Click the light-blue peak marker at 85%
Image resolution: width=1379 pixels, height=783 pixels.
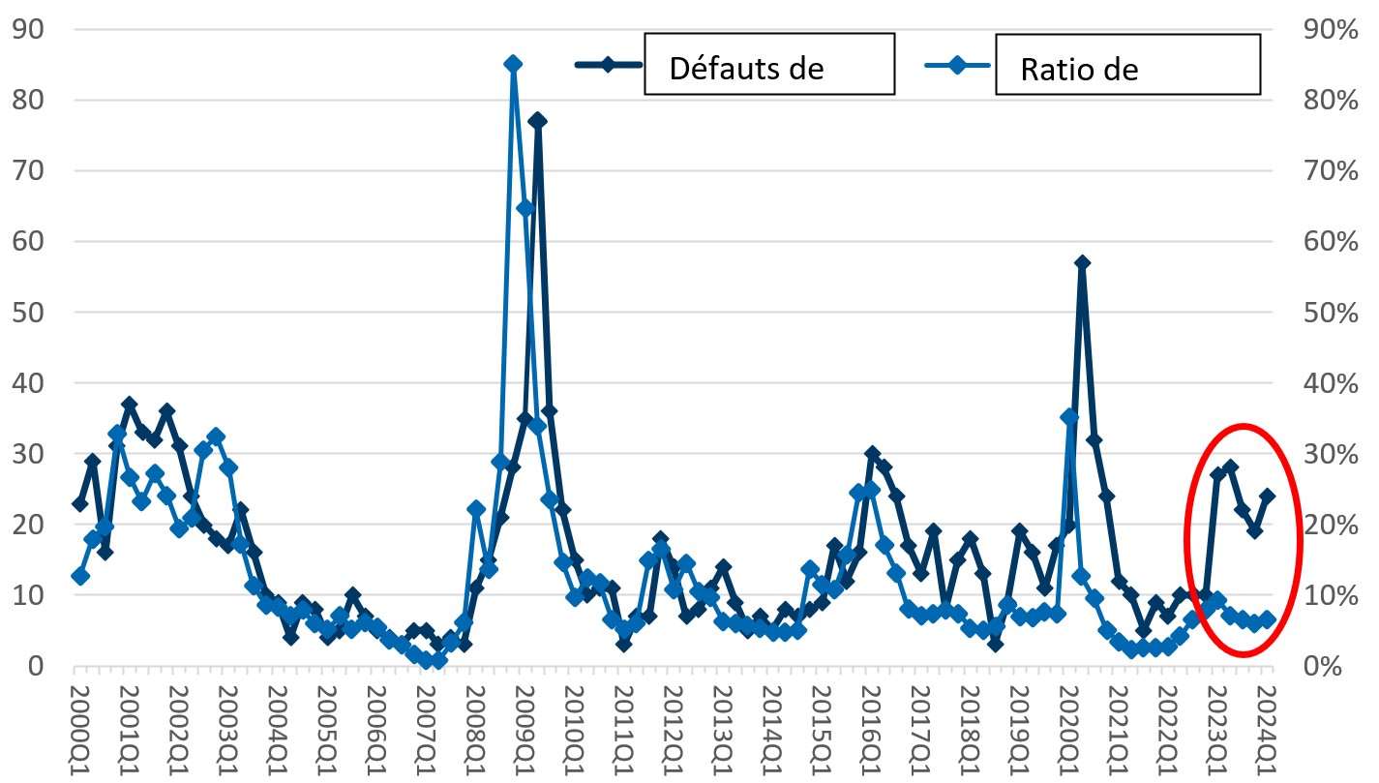513,64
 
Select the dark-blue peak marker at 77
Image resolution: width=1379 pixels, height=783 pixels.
538,121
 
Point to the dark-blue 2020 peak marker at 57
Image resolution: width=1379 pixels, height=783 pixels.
1082,262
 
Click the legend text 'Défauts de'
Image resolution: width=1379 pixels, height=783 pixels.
746,70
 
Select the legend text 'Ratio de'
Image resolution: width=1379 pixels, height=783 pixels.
1079,70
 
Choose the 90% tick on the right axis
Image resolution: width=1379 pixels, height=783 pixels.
1332,29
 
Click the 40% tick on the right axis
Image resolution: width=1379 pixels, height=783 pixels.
1332,383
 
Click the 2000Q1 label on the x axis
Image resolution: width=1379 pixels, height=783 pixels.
81,724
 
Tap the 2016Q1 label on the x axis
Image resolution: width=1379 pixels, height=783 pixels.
871,724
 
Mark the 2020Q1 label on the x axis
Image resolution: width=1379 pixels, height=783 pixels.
1068,724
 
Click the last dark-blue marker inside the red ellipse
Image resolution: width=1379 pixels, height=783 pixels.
1267,496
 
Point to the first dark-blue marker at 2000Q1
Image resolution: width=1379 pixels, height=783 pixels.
80,503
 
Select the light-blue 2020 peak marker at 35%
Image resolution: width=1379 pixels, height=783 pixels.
1069,417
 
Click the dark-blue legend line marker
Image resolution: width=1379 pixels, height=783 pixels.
608,65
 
